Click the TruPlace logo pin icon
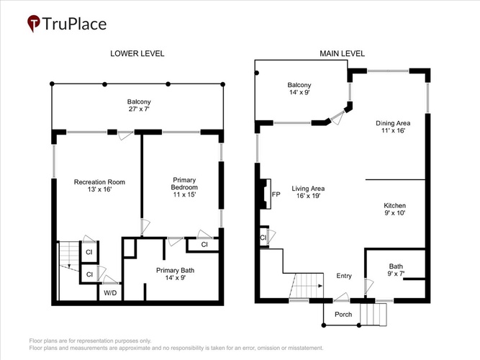pyautogui.click(x=33, y=23)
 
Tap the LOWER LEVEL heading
pyautogui.click(x=137, y=53)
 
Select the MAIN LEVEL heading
pyautogui.click(x=343, y=53)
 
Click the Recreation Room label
pyautogui.click(x=99, y=182)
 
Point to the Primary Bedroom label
pyautogui.click(x=184, y=184)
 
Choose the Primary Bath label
pyautogui.click(x=175, y=270)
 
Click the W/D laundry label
pyautogui.click(x=110, y=293)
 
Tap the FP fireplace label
pyautogui.click(x=276, y=194)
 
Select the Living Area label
pyautogui.click(x=308, y=189)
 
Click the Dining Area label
pyautogui.click(x=393, y=123)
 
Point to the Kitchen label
pyautogui.click(x=395, y=206)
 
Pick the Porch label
pyautogui.click(x=343, y=315)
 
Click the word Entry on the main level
pyautogui.click(x=344, y=276)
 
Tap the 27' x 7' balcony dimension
pyautogui.click(x=139, y=109)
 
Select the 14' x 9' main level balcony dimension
pyautogui.click(x=299, y=92)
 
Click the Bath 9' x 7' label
pyautogui.click(x=396, y=270)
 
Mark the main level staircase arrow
pyautogui.click(x=307, y=286)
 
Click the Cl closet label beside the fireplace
pyautogui.click(x=263, y=238)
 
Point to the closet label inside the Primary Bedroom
pyautogui.click(x=204, y=245)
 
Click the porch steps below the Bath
pyautogui.click(x=373, y=315)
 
